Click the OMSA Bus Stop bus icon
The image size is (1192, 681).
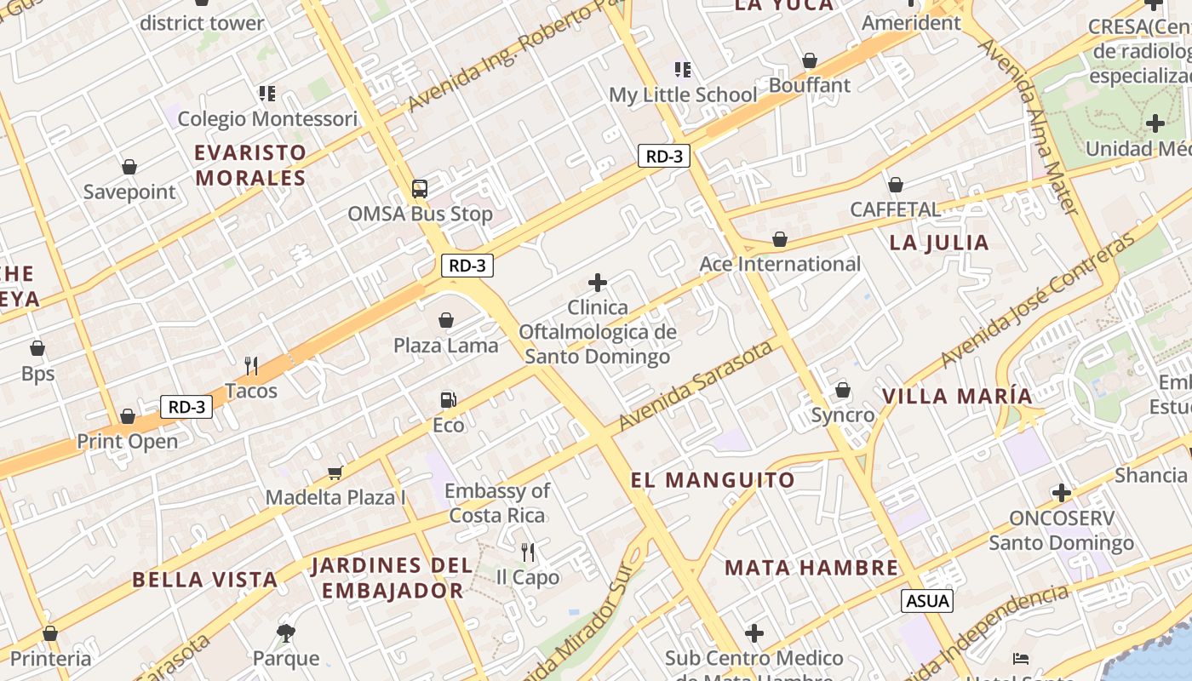(x=419, y=189)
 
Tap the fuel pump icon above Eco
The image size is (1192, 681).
(x=448, y=399)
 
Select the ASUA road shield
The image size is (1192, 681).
(x=927, y=600)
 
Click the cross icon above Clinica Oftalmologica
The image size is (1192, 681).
(x=598, y=283)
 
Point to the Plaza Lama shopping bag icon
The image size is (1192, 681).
(x=445, y=320)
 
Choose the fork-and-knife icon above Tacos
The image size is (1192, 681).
(x=251, y=366)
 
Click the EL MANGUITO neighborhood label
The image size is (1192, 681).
(x=713, y=480)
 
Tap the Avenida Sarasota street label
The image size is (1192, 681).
(x=696, y=386)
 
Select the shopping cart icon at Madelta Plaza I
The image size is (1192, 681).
(x=335, y=472)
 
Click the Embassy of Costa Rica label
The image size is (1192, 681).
(x=497, y=503)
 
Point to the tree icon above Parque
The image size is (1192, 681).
(x=286, y=632)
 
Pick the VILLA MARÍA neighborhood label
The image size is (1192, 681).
(x=957, y=396)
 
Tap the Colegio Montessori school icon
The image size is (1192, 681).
(x=267, y=93)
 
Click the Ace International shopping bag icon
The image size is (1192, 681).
(x=779, y=240)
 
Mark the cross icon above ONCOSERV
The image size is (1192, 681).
(x=1061, y=493)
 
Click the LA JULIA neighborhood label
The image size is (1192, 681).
(x=939, y=243)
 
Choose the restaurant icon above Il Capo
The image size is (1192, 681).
(x=528, y=552)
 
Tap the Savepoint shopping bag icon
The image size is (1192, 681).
(x=129, y=167)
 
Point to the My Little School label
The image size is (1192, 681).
(x=683, y=94)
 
